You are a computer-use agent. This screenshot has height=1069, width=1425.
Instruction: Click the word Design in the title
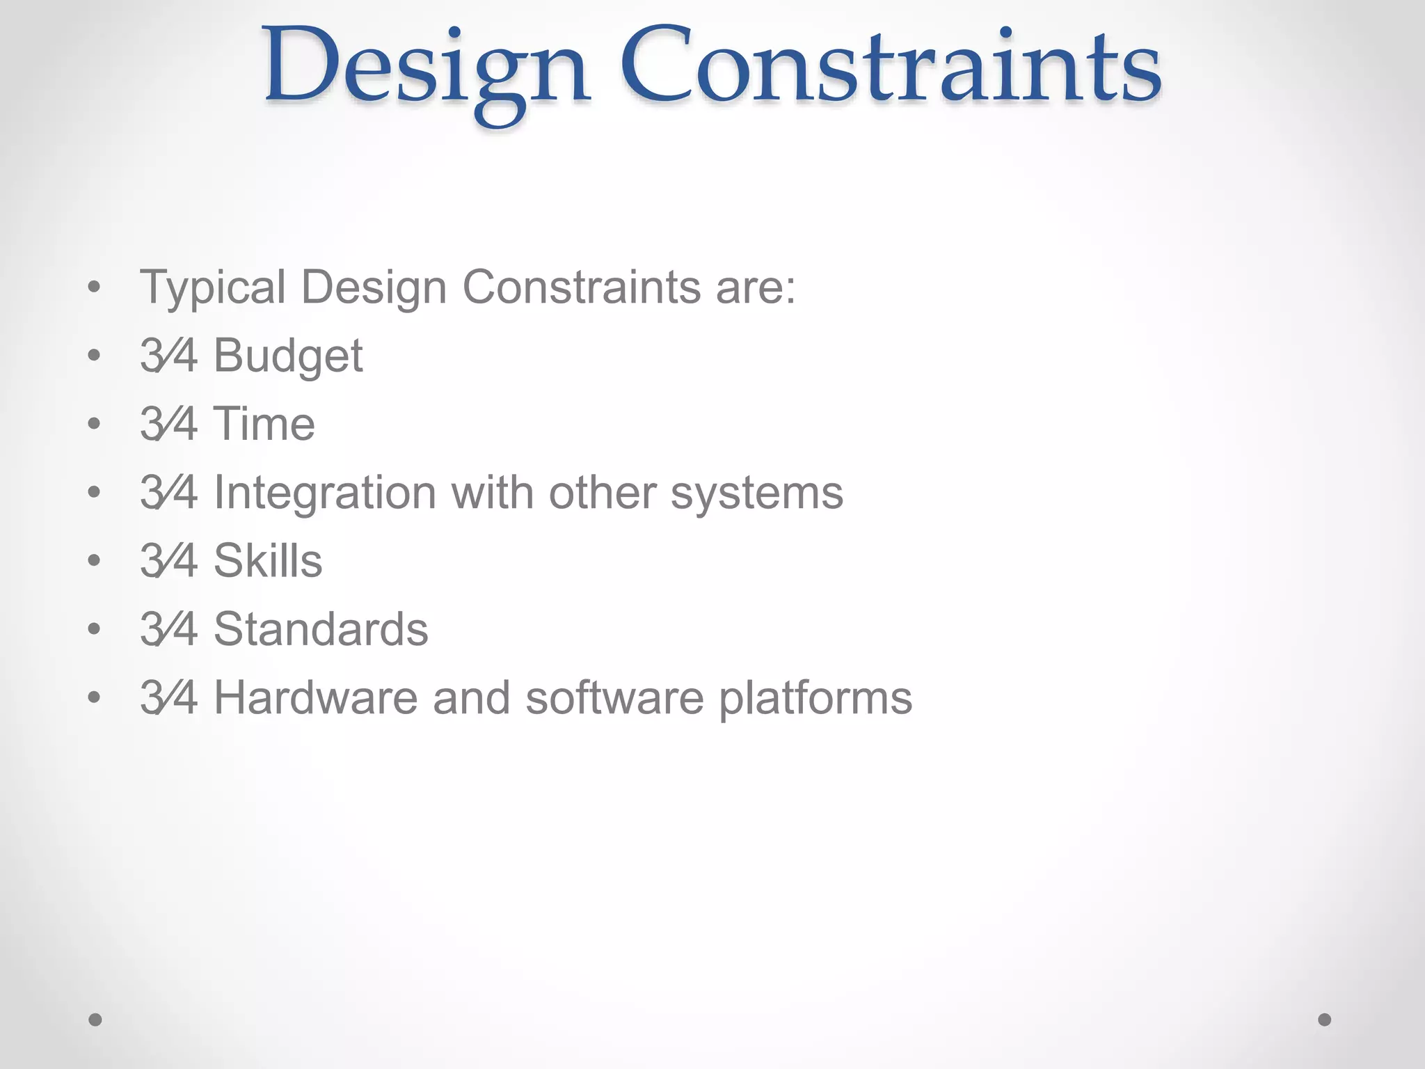click(x=426, y=70)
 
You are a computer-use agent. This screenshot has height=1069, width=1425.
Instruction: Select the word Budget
click(x=287, y=356)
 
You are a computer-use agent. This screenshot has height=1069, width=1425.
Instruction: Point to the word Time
click(x=264, y=424)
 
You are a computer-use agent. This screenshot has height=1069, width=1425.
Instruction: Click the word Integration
click(x=325, y=492)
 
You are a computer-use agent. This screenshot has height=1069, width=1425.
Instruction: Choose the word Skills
click(x=268, y=560)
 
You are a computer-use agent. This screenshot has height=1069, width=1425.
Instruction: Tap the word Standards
click(x=321, y=629)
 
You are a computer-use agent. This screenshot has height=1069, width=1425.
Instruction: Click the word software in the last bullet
click(x=614, y=697)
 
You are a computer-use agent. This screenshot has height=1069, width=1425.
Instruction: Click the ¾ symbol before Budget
click(x=168, y=356)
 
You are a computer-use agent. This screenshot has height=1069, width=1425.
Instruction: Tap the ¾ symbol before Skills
click(x=168, y=560)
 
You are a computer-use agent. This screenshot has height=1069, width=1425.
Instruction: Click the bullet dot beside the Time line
click(x=95, y=424)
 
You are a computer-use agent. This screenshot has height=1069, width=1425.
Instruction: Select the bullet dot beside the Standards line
click(x=95, y=629)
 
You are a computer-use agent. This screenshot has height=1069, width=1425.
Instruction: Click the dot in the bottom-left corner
click(x=95, y=1020)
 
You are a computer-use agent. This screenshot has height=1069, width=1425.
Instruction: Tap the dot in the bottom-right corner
click(x=1325, y=1020)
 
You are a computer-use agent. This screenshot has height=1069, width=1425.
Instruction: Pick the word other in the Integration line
click(x=602, y=492)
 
